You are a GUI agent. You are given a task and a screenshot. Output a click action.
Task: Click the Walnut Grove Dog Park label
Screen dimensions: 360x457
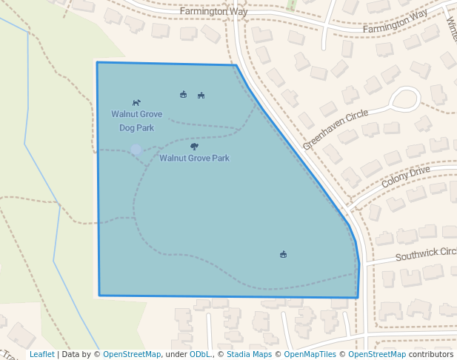click(136, 121)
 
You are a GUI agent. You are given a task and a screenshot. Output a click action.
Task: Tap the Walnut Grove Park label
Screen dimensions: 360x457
click(194, 158)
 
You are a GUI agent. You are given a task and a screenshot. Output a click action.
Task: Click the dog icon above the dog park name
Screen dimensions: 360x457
click(136, 102)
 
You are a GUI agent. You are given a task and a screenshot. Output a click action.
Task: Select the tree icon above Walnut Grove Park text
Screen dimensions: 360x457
click(194, 147)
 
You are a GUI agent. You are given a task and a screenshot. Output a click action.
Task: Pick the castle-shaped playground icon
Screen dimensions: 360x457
click(183, 94)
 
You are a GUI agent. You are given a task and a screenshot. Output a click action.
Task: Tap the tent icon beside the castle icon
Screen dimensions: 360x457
click(201, 96)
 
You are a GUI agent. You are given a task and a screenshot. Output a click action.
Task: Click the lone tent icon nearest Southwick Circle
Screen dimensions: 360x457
click(283, 255)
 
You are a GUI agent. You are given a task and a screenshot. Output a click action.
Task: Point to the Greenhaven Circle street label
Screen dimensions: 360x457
click(335, 130)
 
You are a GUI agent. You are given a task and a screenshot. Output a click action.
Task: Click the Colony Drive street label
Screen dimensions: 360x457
click(405, 176)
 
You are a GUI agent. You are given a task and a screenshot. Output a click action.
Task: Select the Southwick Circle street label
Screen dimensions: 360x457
click(425, 254)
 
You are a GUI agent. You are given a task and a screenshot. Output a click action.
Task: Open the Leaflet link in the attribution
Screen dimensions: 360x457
click(41, 354)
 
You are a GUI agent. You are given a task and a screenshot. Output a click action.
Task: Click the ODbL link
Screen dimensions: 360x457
click(200, 354)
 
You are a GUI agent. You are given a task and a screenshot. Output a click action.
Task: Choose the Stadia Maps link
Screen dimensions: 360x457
click(249, 354)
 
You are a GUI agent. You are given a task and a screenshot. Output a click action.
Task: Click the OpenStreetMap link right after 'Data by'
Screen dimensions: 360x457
click(131, 354)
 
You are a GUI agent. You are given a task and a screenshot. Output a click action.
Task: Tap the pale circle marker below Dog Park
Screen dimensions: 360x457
click(136, 150)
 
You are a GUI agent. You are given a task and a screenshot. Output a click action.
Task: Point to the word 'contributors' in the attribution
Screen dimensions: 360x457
click(431, 354)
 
